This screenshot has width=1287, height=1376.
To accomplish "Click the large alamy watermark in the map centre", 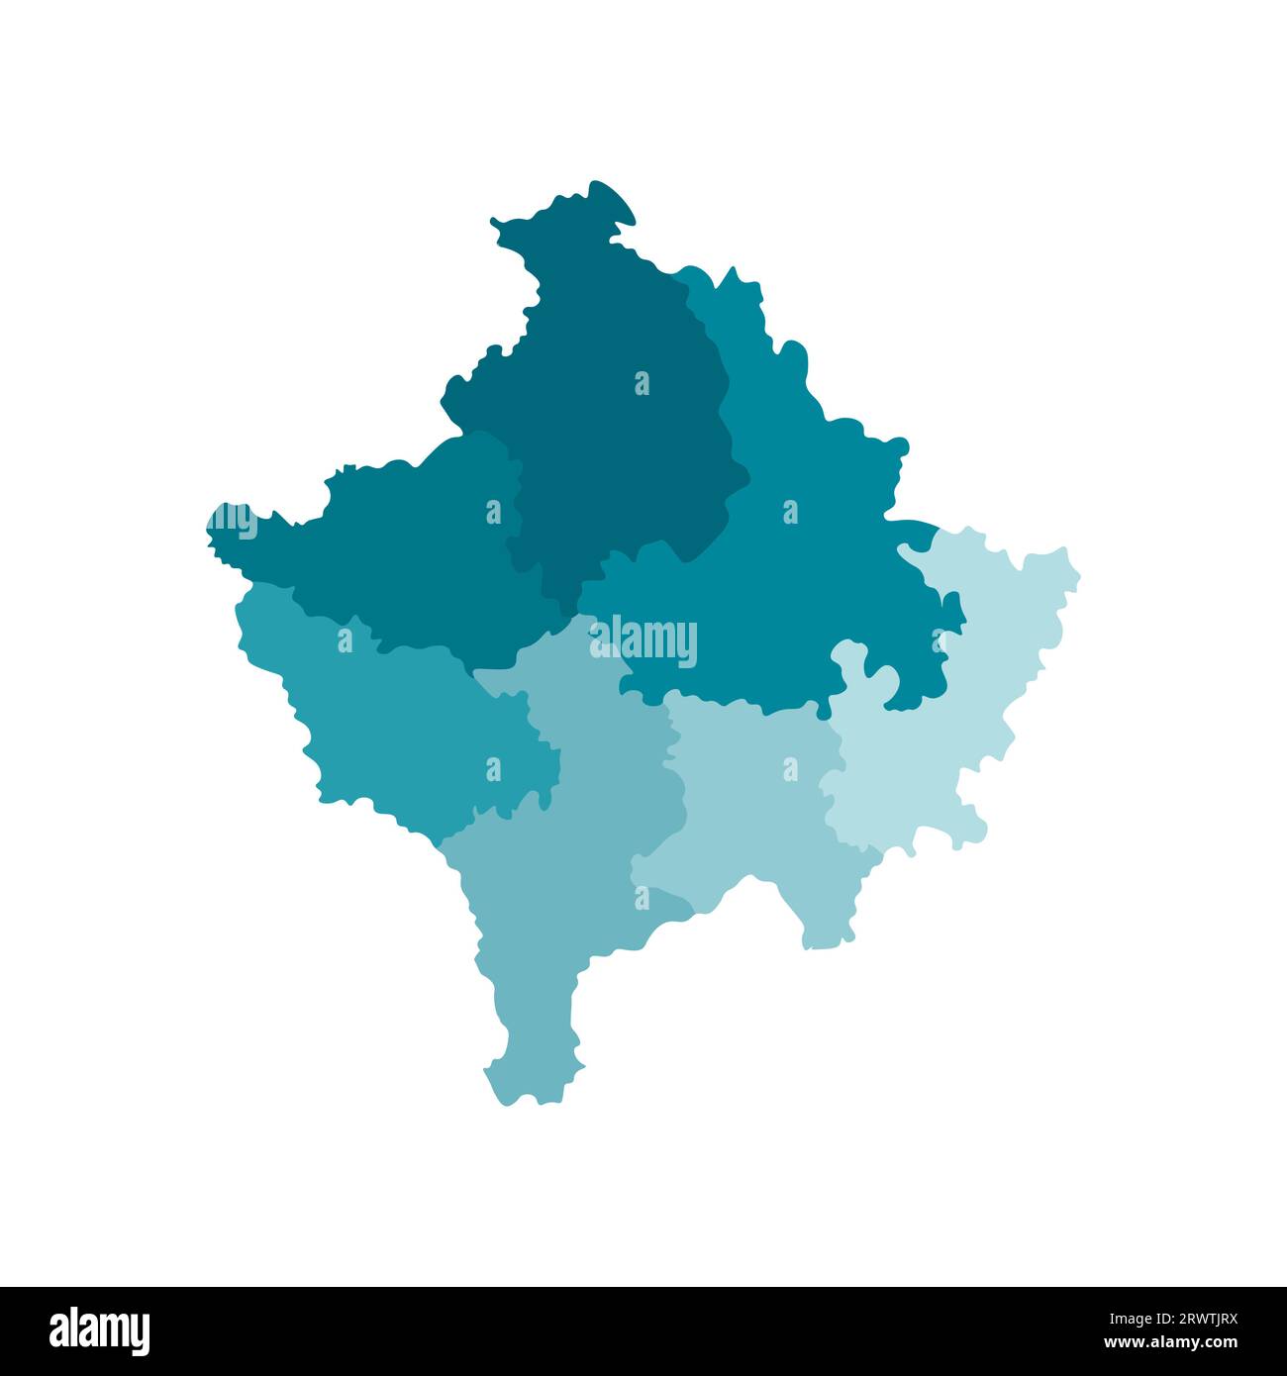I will coord(643,641).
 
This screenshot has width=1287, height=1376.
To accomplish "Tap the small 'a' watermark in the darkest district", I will coord(642,383).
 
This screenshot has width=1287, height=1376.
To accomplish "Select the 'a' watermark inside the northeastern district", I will coord(790,512).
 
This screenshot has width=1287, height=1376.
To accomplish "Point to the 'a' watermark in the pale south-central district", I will coord(790,768).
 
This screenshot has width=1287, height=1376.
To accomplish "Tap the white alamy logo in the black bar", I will coord(100,1330).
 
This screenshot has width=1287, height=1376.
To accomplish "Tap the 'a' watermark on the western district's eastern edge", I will coord(493,512).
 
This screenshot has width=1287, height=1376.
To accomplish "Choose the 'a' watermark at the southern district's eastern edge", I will coord(642,897).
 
